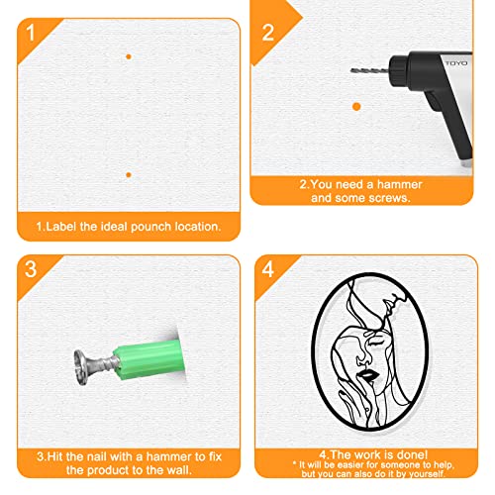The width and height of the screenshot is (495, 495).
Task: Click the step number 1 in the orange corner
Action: click(x=31, y=33)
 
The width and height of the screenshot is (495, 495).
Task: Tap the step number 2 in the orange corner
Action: click(x=267, y=33)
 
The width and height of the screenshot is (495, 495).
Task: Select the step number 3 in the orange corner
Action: click(x=31, y=269)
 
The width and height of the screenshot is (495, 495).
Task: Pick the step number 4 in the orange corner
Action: click(x=268, y=269)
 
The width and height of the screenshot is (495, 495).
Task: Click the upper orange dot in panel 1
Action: click(x=129, y=56)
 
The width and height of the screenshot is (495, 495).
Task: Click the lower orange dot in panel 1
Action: click(x=129, y=174)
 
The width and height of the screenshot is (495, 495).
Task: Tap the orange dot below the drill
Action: click(x=356, y=107)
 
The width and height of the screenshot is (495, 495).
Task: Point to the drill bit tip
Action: click(x=351, y=70)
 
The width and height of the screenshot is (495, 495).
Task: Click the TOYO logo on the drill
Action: click(x=456, y=63)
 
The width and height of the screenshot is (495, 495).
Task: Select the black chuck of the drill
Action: click(x=399, y=70)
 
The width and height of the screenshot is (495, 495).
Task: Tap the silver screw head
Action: click(x=80, y=367)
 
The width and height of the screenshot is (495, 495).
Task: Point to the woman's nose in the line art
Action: click(x=361, y=358)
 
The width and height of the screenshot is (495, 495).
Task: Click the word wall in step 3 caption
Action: click(x=180, y=470)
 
